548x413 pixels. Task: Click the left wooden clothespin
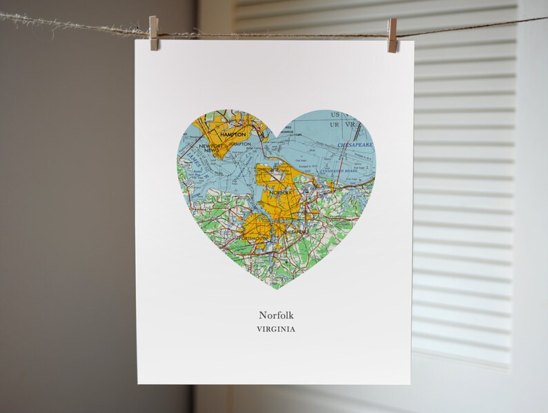point(153,34)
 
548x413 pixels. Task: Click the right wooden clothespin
point(393,35)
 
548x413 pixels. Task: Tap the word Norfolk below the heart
point(276,316)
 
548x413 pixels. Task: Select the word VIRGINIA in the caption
point(276,329)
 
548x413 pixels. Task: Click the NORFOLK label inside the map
point(279,194)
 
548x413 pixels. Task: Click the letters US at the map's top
point(335,114)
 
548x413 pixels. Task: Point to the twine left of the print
point(69,23)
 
